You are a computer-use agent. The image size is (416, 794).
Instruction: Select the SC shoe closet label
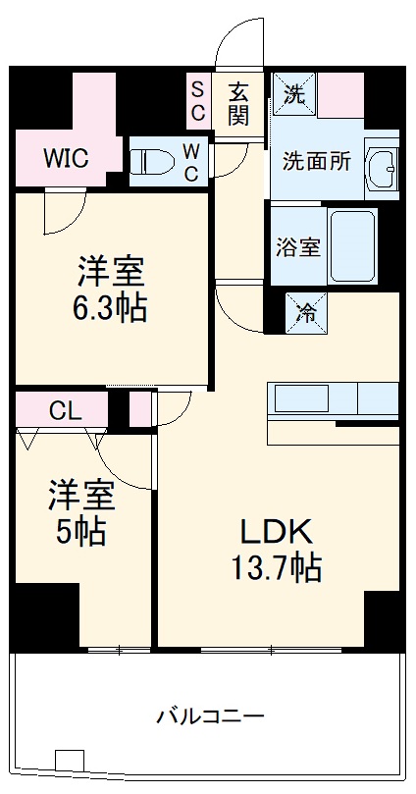click(x=197, y=101)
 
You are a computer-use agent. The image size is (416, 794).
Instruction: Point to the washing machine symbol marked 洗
click(x=293, y=95)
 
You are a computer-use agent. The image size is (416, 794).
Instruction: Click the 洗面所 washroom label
click(x=316, y=162)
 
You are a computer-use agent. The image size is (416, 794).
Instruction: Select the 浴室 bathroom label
click(x=296, y=246)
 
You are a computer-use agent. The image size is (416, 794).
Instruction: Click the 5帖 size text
click(x=81, y=533)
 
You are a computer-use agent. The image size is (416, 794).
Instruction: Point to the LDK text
click(x=278, y=532)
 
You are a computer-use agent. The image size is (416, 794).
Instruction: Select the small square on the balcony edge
click(x=68, y=762)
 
